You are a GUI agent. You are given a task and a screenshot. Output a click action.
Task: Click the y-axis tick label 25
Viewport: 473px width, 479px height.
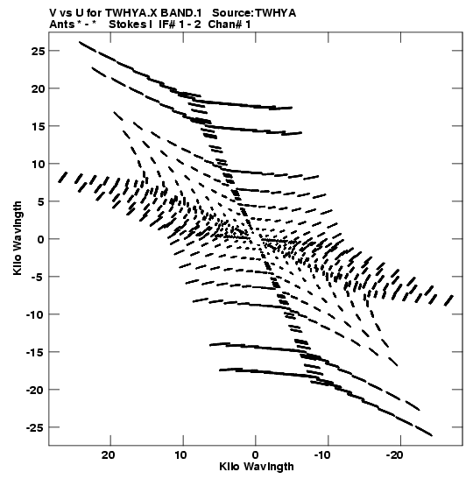(38, 51)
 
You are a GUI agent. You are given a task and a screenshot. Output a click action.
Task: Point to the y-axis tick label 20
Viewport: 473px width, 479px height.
(38, 88)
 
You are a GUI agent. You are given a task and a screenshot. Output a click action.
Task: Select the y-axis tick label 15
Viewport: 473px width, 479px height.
(38, 126)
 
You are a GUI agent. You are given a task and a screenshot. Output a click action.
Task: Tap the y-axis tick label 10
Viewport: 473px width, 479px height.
(38, 164)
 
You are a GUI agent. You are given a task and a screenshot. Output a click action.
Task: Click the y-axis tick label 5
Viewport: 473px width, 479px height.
(41, 201)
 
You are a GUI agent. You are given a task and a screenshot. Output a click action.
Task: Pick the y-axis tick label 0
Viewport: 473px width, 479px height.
(41, 239)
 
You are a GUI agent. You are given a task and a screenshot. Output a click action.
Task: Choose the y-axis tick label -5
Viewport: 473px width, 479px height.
(38, 277)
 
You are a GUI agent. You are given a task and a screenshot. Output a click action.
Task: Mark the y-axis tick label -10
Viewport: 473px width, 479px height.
(35, 314)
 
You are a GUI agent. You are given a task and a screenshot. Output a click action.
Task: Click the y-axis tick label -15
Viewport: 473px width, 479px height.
(35, 352)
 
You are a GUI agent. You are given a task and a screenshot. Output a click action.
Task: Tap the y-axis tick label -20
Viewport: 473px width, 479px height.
(35, 390)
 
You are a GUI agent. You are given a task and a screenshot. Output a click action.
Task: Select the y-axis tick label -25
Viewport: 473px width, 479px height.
(35, 427)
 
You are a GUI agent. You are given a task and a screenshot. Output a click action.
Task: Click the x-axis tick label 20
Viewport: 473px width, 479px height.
(109, 455)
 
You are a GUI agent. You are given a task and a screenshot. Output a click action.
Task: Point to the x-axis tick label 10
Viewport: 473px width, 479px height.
(181, 455)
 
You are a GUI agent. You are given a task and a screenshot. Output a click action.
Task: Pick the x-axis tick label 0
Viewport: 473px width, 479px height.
(256, 455)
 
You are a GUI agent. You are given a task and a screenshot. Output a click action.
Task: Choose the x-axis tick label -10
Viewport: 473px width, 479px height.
(322, 455)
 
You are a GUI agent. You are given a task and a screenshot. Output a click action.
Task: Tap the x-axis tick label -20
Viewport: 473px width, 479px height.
(395, 455)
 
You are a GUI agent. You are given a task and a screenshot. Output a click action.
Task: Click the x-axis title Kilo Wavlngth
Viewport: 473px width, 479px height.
(257, 467)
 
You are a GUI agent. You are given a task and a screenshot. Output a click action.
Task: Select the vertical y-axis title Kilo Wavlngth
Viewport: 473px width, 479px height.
(18, 238)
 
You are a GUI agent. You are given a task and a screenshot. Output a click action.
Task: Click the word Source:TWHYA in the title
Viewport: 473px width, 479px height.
(254, 13)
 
